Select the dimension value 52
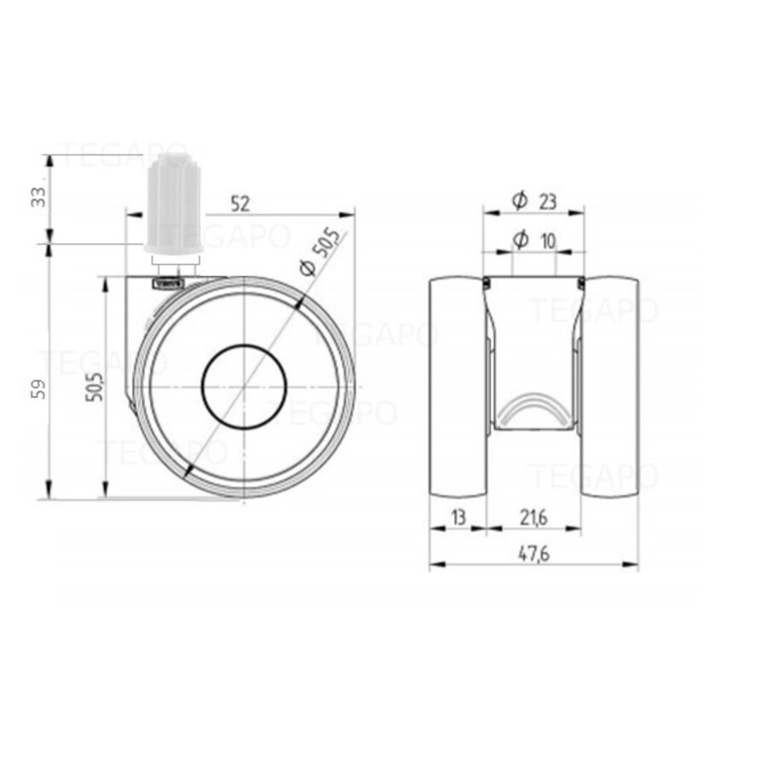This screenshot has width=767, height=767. [x=241, y=204]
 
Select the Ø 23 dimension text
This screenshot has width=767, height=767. [x=534, y=201]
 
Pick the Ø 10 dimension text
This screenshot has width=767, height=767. [x=534, y=241]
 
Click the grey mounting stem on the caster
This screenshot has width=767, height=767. [x=173, y=205]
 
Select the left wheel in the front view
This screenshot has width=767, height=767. [x=458, y=387]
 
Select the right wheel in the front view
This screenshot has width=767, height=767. [x=610, y=387]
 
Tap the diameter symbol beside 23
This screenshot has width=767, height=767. [x=519, y=201]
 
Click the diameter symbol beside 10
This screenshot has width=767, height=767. [x=520, y=241]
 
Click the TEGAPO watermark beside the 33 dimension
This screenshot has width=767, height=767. [x=115, y=156]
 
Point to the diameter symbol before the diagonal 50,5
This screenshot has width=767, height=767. [x=307, y=268]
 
